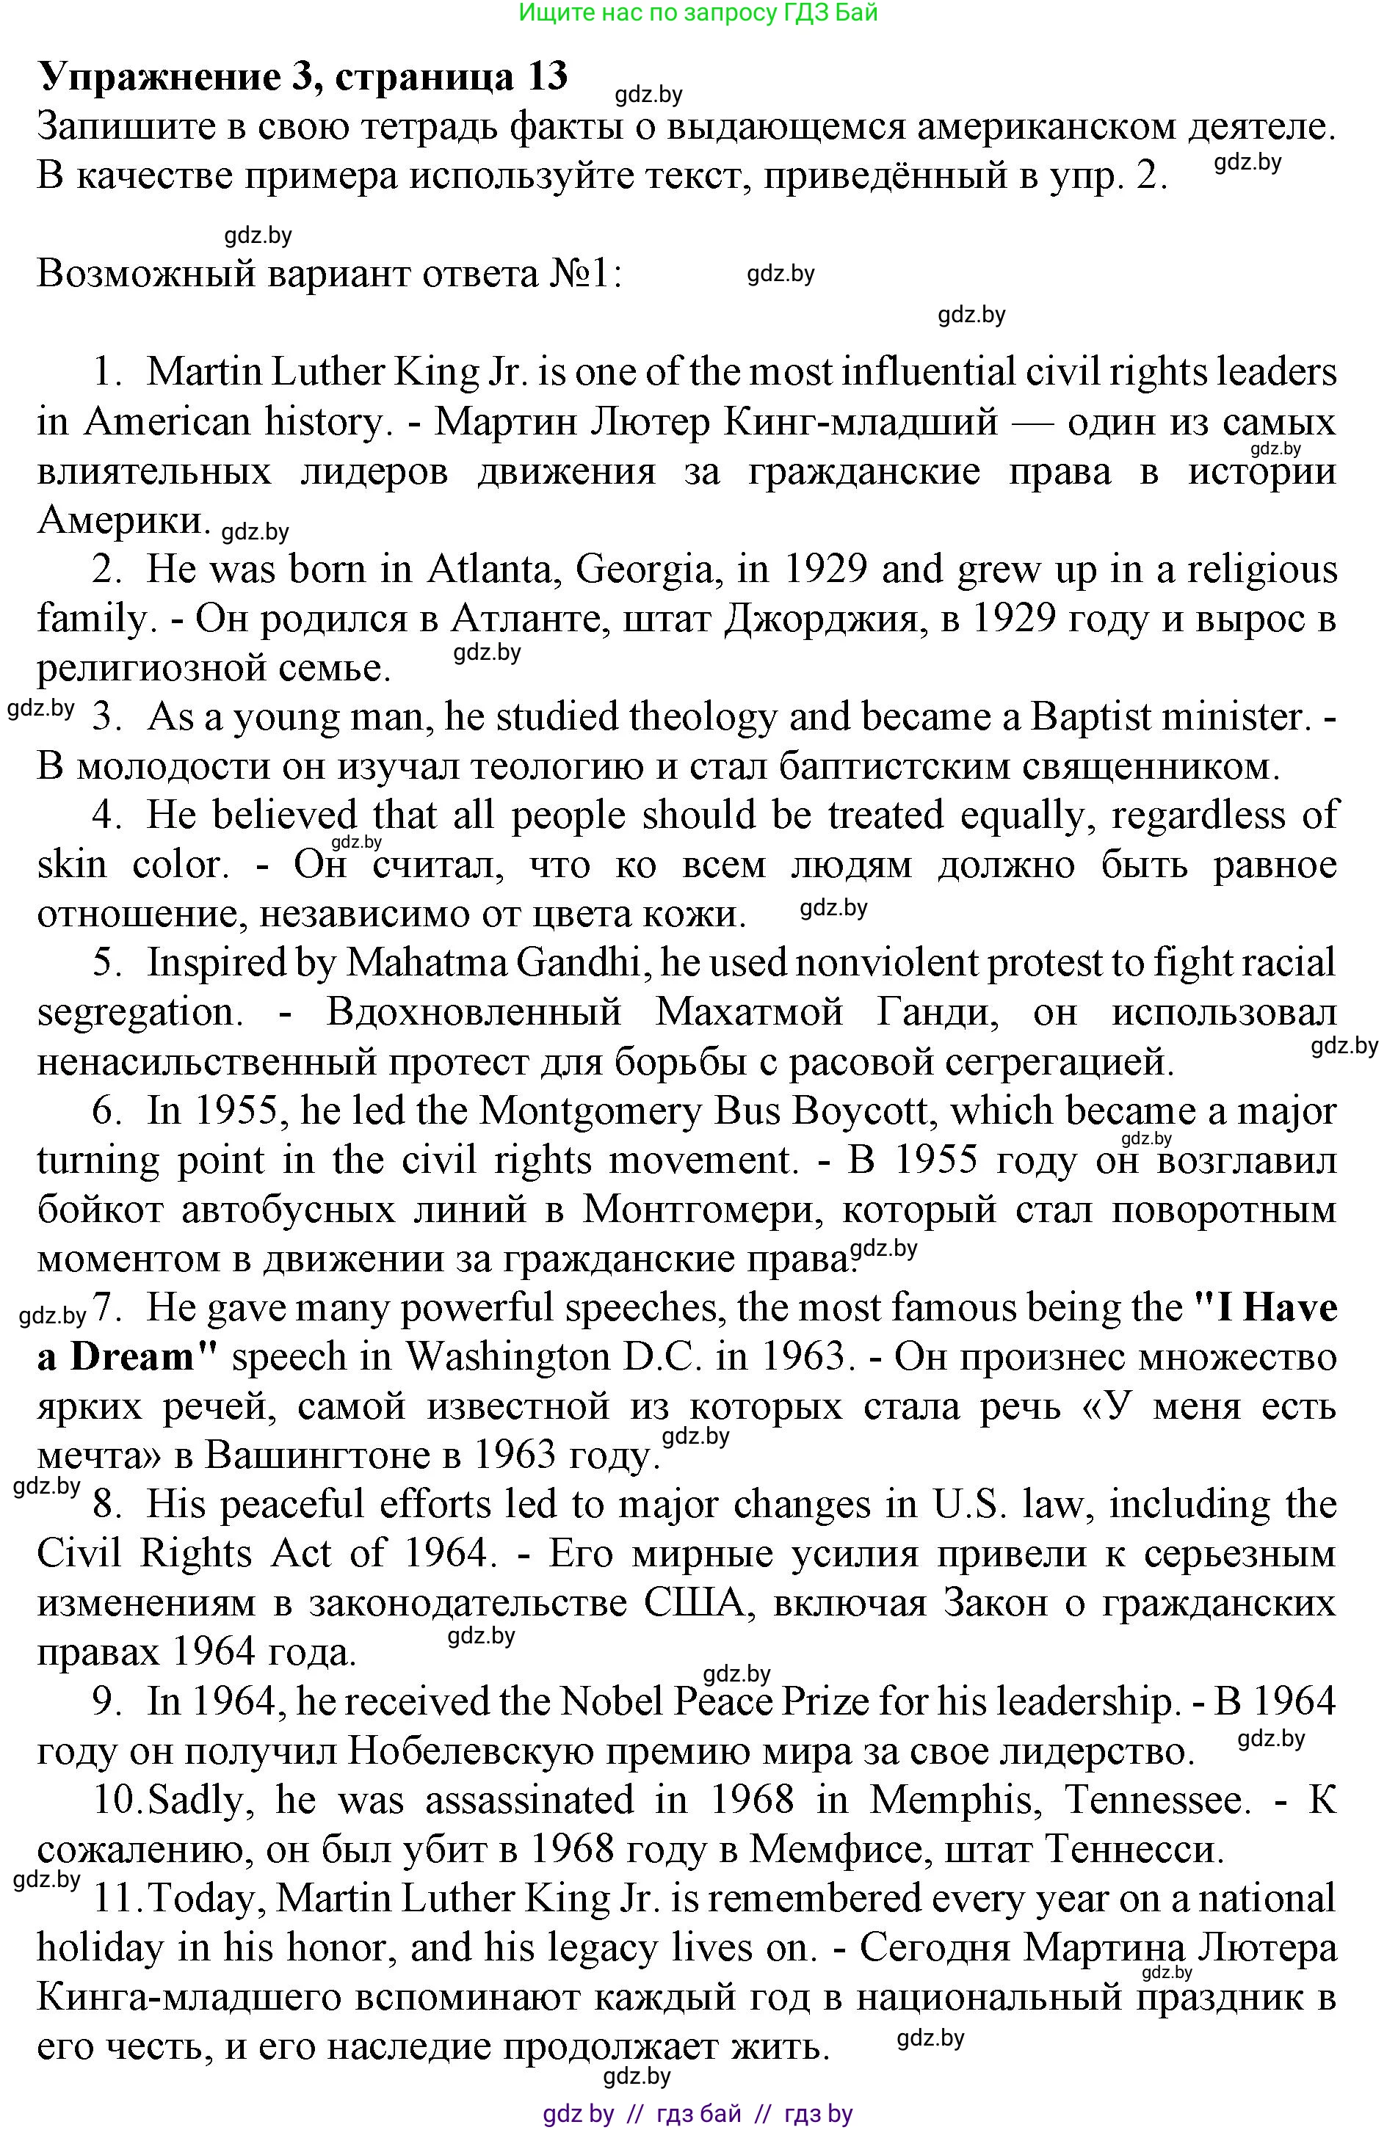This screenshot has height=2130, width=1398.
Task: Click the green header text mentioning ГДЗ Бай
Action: pyautogui.click(x=698, y=12)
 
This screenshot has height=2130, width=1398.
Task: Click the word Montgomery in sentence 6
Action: pyautogui.click(x=591, y=1111)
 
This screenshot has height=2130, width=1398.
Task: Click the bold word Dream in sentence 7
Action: pyautogui.click(x=134, y=1358)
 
